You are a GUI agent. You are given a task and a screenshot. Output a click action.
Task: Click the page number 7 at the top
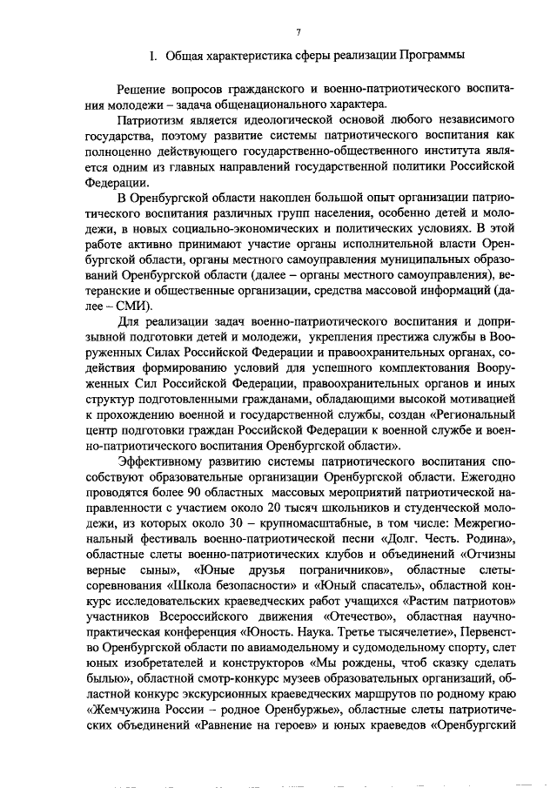297,33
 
